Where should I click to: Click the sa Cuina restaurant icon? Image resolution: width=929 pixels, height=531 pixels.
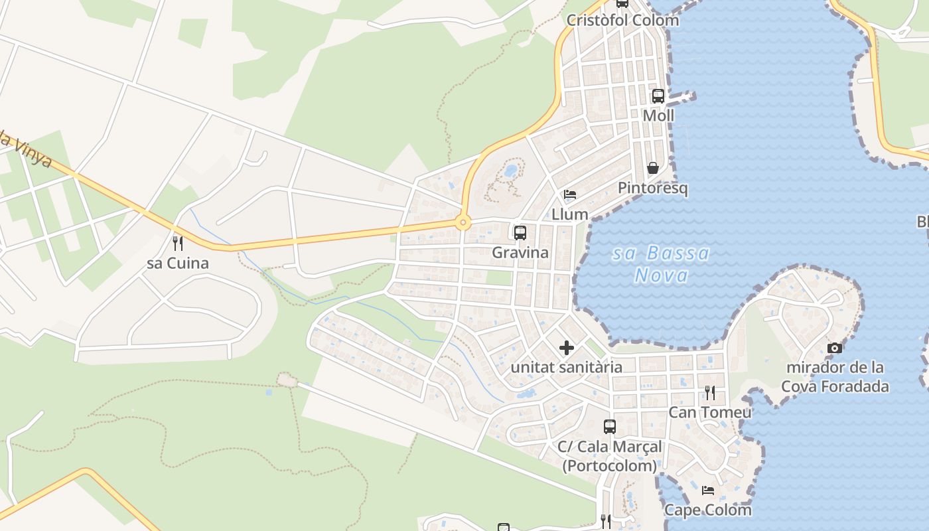[177, 244]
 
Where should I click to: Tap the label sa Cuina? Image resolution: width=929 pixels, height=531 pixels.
[178, 263]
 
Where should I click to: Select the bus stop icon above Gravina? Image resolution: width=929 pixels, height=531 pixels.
[520, 233]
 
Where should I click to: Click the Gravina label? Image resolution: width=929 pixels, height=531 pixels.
[520, 252]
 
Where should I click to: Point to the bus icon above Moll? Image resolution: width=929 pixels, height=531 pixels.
[658, 96]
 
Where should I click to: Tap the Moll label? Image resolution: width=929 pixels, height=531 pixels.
[658, 115]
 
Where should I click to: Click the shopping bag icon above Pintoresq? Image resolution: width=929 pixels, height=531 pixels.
[653, 168]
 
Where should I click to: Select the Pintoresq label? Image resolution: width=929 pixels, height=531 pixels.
[653, 188]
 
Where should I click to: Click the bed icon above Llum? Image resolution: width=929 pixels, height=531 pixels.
[570, 194]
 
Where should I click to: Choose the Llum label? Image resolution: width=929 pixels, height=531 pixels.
[570, 214]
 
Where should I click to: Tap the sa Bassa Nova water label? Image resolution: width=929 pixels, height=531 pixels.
[661, 264]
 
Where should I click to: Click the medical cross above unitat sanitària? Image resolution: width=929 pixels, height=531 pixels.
[567, 347]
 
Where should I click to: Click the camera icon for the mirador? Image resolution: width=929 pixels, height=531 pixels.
[835, 348]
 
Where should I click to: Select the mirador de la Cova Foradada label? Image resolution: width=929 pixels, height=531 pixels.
[835, 376]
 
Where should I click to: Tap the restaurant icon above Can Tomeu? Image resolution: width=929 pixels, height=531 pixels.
[710, 393]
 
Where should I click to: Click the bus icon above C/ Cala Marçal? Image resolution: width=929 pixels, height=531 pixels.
[610, 427]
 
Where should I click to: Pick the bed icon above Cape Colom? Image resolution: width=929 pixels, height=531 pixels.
[708, 491]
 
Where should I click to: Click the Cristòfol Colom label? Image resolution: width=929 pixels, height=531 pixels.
[622, 20]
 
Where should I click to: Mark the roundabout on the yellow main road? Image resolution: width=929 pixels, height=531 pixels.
[463, 222]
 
